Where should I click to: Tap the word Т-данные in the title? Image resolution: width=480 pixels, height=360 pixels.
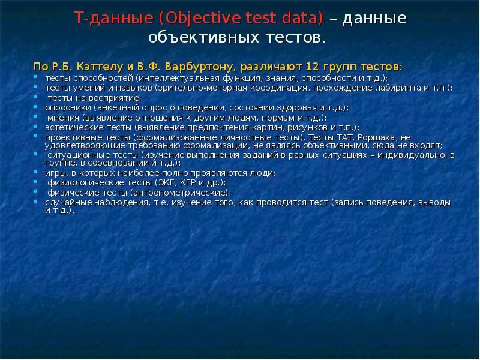113,19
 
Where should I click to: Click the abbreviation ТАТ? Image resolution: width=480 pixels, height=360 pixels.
353,137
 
